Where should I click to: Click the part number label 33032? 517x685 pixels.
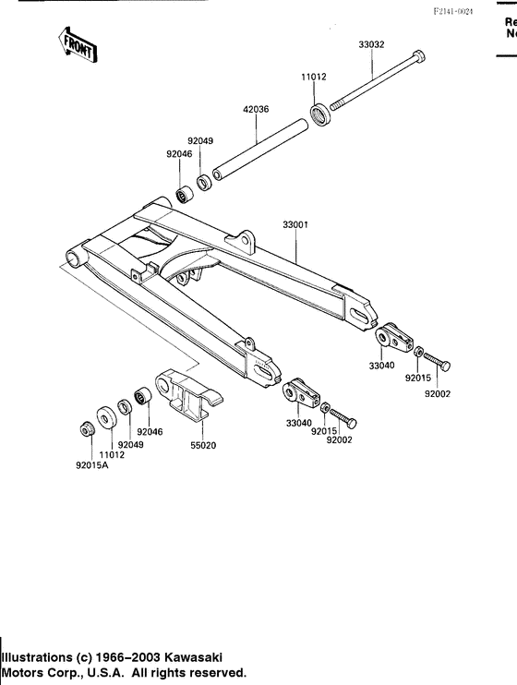(x=373, y=42)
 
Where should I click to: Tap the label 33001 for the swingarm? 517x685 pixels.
(x=296, y=223)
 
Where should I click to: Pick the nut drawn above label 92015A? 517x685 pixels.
(x=82, y=429)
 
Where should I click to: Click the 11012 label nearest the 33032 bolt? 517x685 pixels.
(x=313, y=78)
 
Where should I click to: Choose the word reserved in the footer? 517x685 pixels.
(x=214, y=672)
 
